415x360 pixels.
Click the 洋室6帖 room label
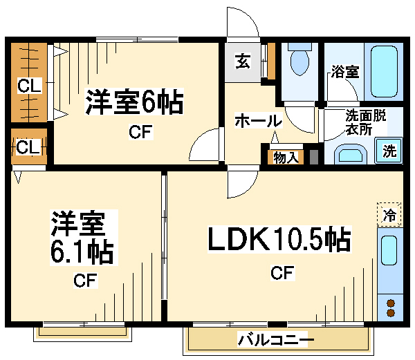coord(134,103)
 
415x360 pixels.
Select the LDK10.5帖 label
coord(280,240)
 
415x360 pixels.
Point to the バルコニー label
coord(275,340)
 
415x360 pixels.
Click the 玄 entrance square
coord(243,61)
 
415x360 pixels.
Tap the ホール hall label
coord(258,120)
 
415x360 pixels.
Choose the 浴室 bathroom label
coord(344,71)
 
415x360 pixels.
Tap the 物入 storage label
coord(286,157)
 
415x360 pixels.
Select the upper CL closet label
coord(29,86)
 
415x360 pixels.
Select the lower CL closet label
coord(28,147)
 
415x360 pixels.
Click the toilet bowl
coord(300,63)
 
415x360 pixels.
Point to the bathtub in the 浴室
coord(384,73)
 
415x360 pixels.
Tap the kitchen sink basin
coord(390,253)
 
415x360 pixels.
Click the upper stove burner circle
coord(391,302)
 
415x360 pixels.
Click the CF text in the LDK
coord(282,274)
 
